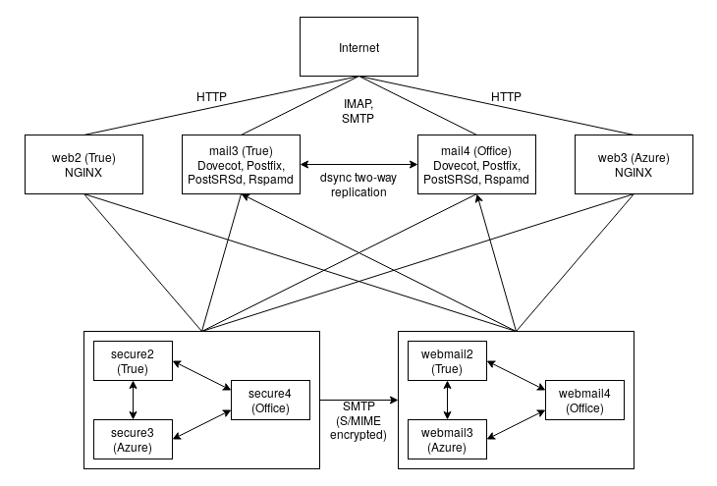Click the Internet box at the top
[x=358, y=46]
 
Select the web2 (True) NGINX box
[x=83, y=164]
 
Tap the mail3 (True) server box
[x=241, y=164]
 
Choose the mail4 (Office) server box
[x=476, y=164]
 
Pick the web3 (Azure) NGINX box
[x=634, y=164]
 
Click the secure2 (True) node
[x=132, y=361]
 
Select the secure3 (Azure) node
[x=132, y=439]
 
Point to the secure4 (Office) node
[x=270, y=401]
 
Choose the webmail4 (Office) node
[x=584, y=401]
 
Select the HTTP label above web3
[x=506, y=97]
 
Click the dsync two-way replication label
[x=358, y=185]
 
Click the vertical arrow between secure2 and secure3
[x=132, y=401]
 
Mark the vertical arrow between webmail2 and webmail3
[x=447, y=401]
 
